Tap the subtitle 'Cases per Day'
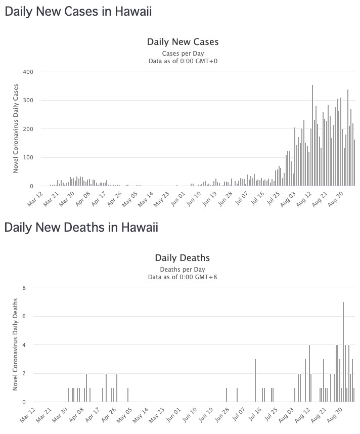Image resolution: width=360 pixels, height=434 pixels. coord(183,53)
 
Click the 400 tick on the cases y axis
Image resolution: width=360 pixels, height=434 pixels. coord(28,72)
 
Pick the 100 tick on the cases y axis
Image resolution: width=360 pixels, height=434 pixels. coord(28,158)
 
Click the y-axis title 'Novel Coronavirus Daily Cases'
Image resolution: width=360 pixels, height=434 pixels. coord(16,129)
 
